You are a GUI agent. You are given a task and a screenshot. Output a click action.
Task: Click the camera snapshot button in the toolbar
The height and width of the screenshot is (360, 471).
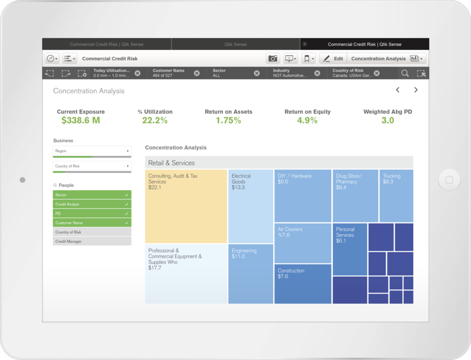(272, 59)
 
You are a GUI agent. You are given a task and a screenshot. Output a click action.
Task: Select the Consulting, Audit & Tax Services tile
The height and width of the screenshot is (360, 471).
(186, 206)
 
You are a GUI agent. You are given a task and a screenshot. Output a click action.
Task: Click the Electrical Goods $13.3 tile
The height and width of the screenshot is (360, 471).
(251, 206)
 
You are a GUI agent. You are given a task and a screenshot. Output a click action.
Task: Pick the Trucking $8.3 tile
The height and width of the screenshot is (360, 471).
(396, 196)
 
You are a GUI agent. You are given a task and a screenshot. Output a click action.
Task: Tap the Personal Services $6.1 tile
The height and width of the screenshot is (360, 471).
(349, 249)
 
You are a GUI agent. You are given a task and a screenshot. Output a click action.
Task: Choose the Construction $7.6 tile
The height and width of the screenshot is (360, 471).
(303, 284)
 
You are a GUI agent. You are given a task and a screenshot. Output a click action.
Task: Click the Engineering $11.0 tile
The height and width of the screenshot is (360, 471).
(251, 274)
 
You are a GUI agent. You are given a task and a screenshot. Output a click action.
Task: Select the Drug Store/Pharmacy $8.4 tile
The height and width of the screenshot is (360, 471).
(355, 196)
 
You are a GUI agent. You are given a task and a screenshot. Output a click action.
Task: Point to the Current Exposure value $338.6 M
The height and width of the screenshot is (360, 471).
(81, 121)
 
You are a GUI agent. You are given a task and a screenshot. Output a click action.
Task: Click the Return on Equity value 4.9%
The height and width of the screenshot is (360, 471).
(307, 121)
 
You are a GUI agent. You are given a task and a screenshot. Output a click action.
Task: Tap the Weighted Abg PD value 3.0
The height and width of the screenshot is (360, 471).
(387, 121)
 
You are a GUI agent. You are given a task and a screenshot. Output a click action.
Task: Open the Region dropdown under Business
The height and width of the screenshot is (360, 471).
(92, 151)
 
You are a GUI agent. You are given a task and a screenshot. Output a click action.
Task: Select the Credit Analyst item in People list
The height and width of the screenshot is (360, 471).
(92, 204)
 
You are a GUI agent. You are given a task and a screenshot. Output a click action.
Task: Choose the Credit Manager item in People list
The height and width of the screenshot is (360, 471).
(92, 242)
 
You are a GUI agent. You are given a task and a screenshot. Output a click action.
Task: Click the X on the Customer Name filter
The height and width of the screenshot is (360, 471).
(197, 73)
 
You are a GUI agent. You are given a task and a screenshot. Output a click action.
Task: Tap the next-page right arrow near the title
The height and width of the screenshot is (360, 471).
(416, 90)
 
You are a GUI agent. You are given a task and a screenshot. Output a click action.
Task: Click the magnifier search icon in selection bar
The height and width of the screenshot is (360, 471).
(404, 73)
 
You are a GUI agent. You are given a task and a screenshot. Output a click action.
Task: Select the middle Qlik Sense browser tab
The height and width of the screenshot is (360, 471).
(235, 44)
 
